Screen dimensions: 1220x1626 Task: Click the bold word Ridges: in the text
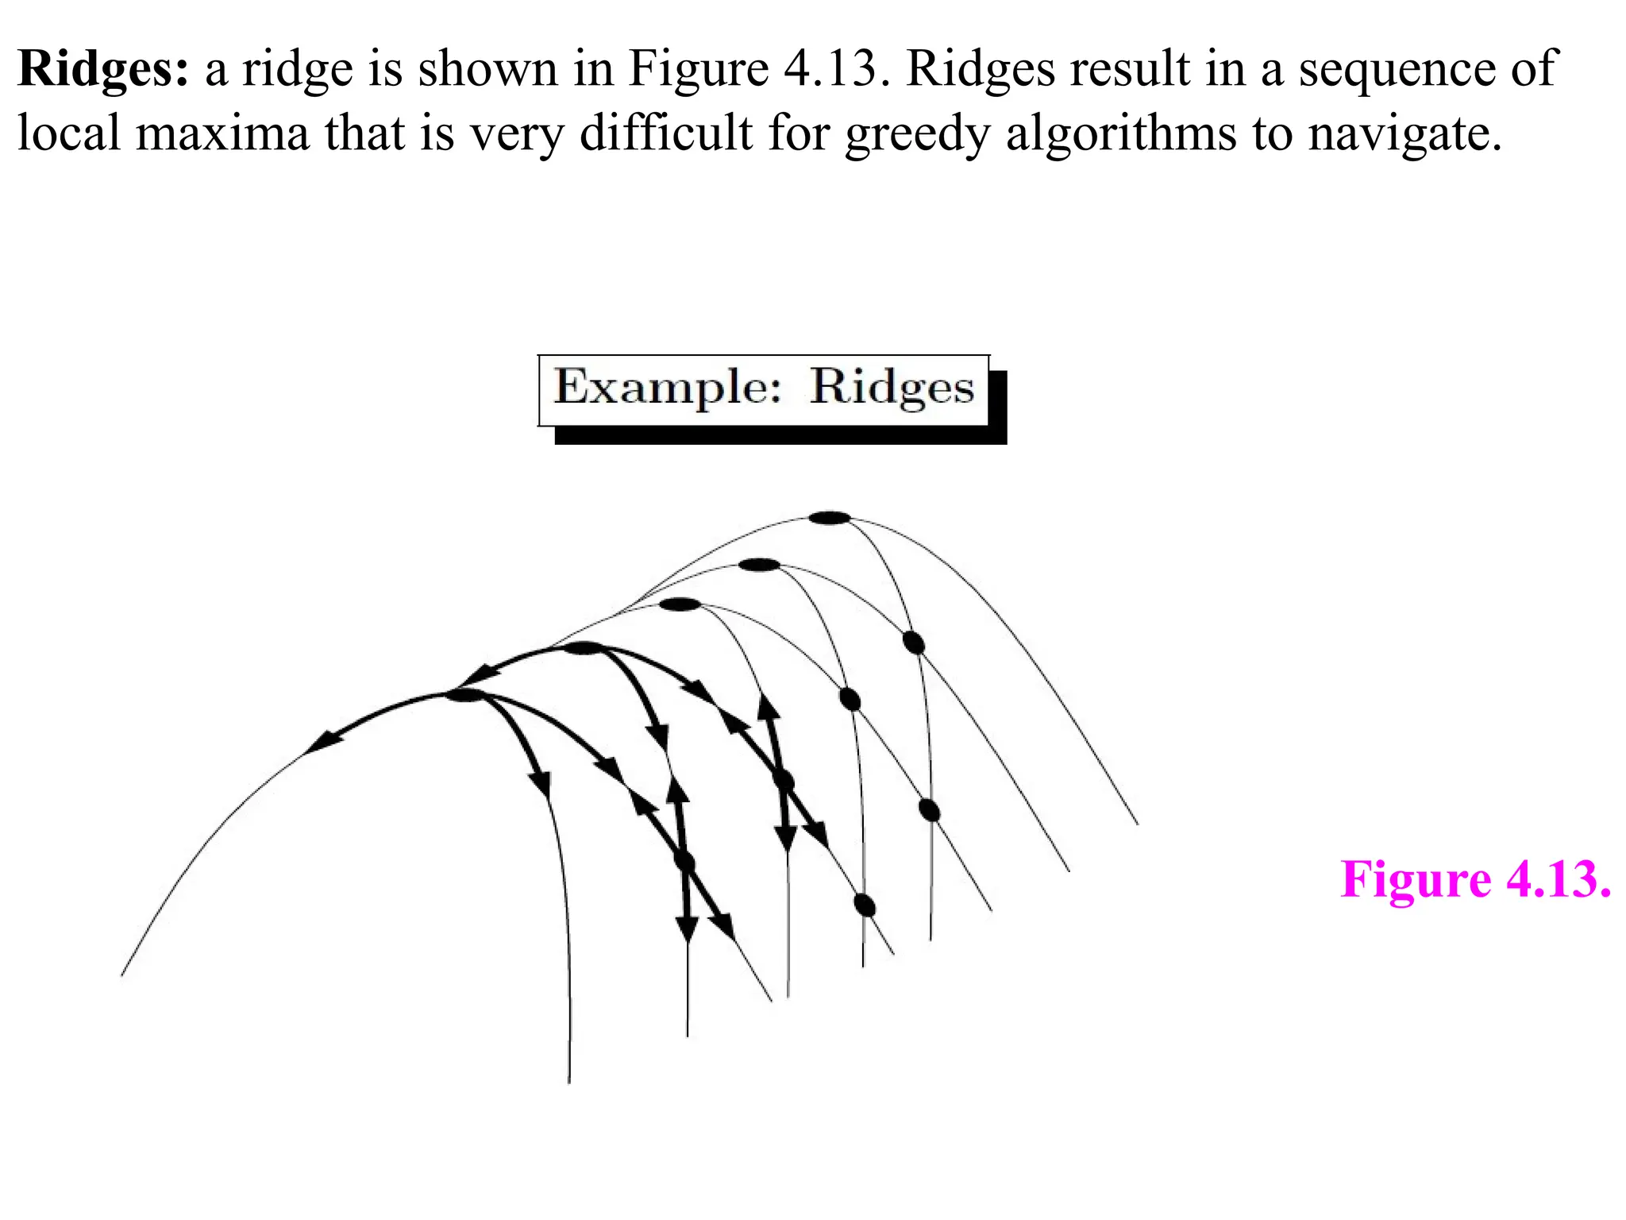[x=103, y=70]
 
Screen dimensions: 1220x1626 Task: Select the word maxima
[x=222, y=133]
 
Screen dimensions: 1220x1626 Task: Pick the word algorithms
[x=1120, y=133]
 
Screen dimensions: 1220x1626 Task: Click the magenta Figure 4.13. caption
[x=1475, y=880]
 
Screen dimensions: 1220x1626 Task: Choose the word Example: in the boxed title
[x=668, y=389]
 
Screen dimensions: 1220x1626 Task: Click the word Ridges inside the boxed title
[x=892, y=389]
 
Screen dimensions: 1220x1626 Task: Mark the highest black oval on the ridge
[x=830, y=519]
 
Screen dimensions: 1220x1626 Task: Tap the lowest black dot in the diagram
[x=865, y=905]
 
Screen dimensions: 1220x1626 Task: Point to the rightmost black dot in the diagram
[x=930, y=810]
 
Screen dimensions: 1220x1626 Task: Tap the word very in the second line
[x=516, y=133]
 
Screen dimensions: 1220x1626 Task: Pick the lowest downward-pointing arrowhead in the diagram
[x=688, y=928]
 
